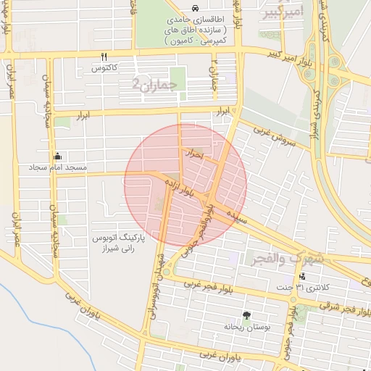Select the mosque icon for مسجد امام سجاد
pos(58,156)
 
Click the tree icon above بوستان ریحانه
pos(246,315)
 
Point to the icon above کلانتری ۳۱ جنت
pos(302,277)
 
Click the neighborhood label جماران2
pos(159,85)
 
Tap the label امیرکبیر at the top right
pos(284,12)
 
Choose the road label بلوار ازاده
pos(178,186)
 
